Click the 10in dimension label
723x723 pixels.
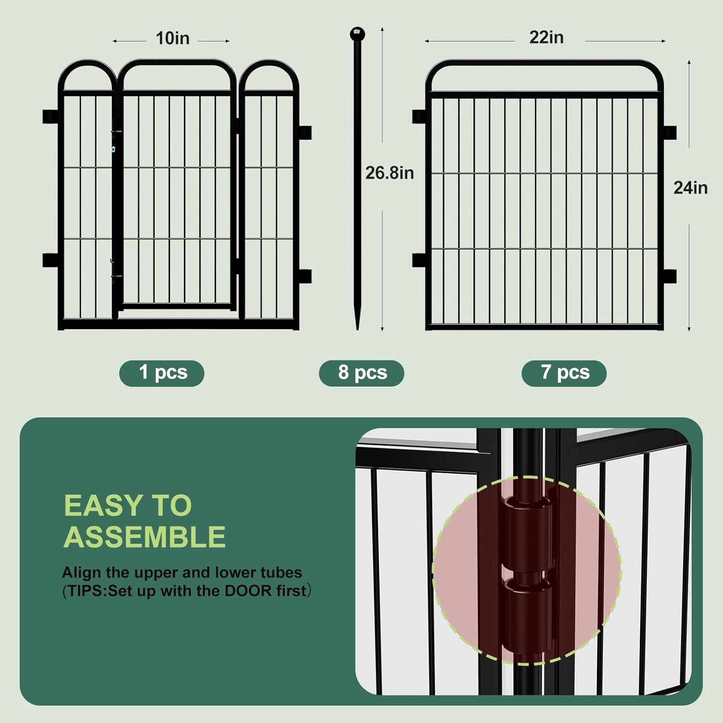(x=172, y=39)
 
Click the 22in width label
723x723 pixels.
(x=546, y=38)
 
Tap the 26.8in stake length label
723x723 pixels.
(x=389, y=173)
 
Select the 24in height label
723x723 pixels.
(x=690, y=188)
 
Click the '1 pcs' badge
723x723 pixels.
(x=162, y=373)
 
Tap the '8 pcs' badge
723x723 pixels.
(x=362, y=373)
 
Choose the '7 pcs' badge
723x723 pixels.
(x=564, y=373)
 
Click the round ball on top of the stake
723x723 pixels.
(x=357, y=34)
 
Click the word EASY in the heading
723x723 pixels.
(x=98, y=506)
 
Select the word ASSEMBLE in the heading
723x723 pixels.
(x=145, y=537)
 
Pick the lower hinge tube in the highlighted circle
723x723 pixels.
(x=527, y=615)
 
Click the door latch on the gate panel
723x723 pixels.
(x=114, y=140)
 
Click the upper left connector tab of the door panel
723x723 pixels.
(x=50, y=117)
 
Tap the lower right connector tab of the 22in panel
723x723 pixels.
(x=669, y=276)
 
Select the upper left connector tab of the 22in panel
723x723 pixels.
(x=419, y=117)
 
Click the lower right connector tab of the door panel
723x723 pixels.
(x=305, y=276)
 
